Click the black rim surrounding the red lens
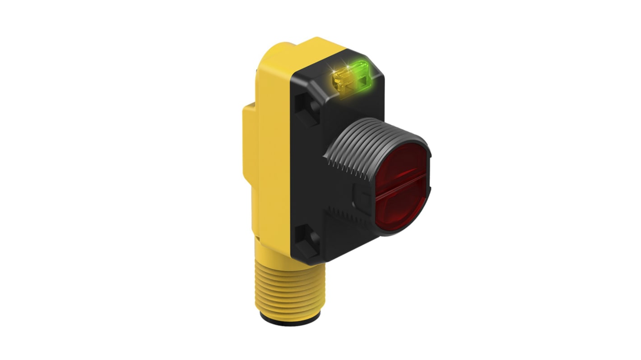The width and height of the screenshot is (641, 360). [x=427, y=180]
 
